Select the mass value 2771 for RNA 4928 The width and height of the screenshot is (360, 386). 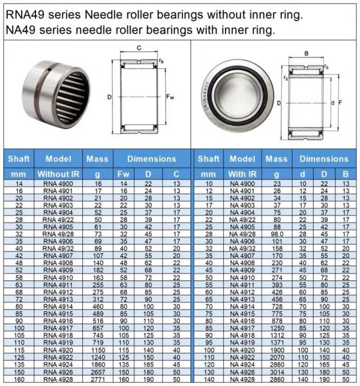[97, 380]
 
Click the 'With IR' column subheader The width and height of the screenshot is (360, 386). [242, 174]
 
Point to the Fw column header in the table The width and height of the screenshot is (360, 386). [123, 174]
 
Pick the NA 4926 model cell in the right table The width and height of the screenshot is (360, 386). [242, 372]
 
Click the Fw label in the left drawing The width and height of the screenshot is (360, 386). [170, 97]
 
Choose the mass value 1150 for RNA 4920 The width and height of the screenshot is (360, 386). [97, 349]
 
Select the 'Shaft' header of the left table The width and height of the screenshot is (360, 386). [19, 158]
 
